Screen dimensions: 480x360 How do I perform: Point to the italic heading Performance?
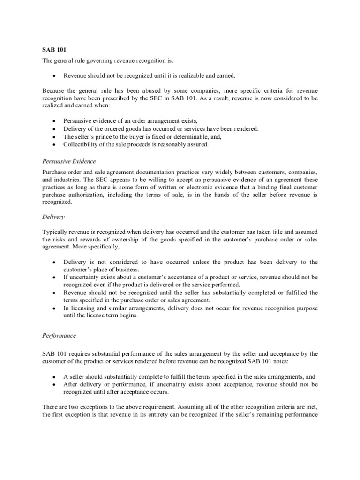click(x=59, y=336)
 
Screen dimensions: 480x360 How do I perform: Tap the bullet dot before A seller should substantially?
click(x=55, y=377)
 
